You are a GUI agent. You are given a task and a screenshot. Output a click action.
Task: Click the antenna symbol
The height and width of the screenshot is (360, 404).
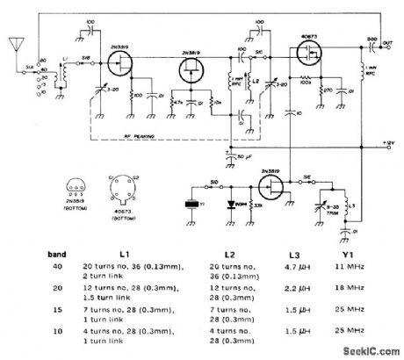[x=15, y=43]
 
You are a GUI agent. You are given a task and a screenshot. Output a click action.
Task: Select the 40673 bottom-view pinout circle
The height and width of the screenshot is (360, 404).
[x=119, y=187]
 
